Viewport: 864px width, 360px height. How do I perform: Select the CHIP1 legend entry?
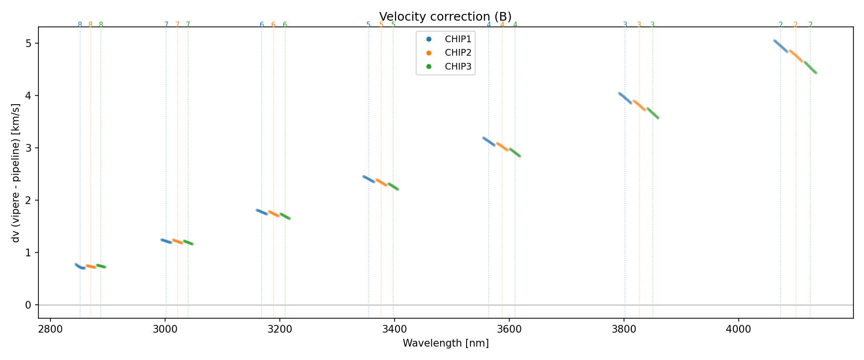458,39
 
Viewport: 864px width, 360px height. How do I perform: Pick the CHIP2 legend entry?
458,53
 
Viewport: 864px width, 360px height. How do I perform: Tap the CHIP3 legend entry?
458,67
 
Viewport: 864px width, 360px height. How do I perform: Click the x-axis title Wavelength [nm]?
445,343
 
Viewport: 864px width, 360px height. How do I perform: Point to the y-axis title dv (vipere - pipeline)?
16,173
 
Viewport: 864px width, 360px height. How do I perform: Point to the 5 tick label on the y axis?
28,43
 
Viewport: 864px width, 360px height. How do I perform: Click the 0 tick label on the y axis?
28,305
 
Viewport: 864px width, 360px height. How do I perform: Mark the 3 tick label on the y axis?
28,148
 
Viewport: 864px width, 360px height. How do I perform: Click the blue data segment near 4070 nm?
780,46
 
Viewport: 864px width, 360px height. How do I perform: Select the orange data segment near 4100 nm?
795,56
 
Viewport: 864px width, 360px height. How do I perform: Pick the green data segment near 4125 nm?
810,67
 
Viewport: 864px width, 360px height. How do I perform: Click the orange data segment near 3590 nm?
502,146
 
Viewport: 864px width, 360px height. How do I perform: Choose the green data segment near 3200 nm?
285,216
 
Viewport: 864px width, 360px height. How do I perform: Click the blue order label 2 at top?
780,25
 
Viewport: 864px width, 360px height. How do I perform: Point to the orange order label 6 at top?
274,25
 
